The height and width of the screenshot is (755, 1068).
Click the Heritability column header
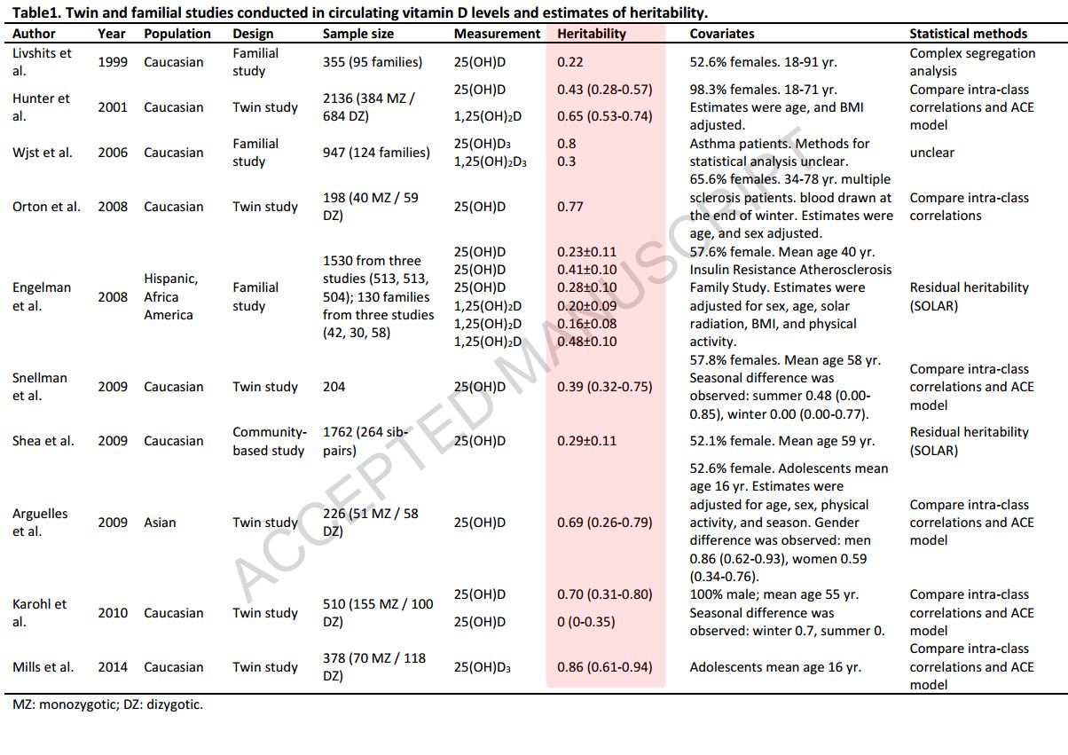pyautogui.click(x=592, y=34)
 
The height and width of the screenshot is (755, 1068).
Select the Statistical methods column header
pyautogui.click(x=968, y=34)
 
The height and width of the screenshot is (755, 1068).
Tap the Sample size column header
pyautogui.click(x=358, y=34)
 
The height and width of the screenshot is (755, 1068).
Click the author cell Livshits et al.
pyautogui.click(x=42, y=62)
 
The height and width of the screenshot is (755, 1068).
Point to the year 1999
pyautogui.click(x=113, y=62)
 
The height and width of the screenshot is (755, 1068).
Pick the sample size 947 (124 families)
pyautogui.click(x=376, y=153)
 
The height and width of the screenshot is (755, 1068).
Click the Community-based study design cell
pyautogui.click(x=269, y=441)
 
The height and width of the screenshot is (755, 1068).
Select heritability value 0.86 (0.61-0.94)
pyautogui.click(x=605, y=667)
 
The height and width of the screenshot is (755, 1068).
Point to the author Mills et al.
pyautogui.click(x=43, y=667)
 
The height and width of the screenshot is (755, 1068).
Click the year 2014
pyautogui.click(x=113, y=667)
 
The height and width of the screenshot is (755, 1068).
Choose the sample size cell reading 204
pyautogui.click(x=334, y=387)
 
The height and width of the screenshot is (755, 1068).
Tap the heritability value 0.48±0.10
pyautogui.click(x=586, y=342)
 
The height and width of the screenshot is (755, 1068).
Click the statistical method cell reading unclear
pyautogui.click(x=932, y=153)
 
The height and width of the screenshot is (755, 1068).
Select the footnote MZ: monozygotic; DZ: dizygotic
pyautogui.click(x=107, y=706)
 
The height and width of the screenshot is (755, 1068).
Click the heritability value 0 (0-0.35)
pyautogui.click(x=585, y=622)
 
